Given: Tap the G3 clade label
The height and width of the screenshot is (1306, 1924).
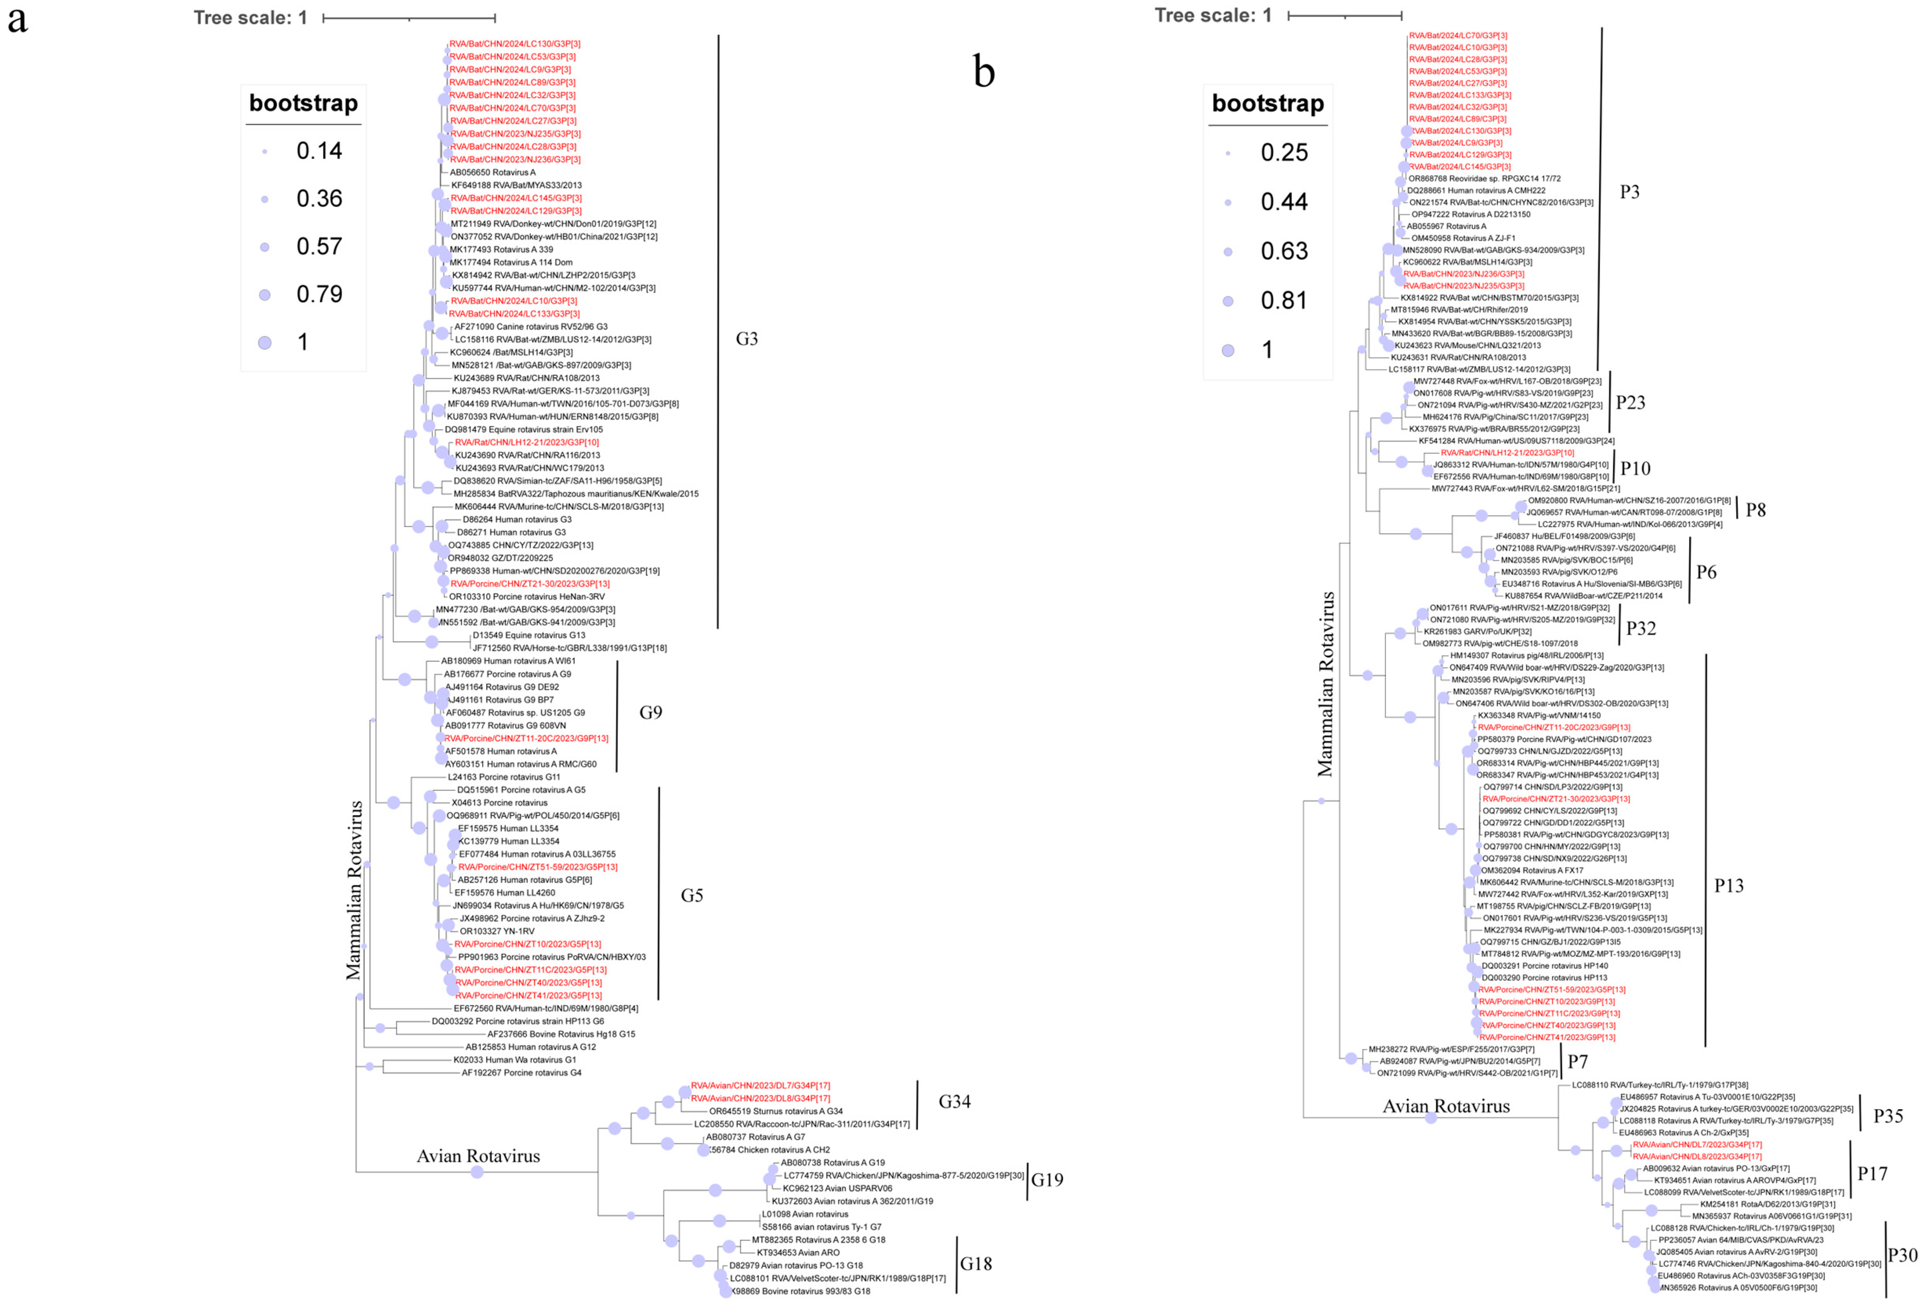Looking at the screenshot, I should tap(747, 339).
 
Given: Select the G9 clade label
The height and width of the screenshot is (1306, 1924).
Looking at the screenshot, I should tap(651, 712).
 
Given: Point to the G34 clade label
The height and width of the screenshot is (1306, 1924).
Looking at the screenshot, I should tap(954, 1101).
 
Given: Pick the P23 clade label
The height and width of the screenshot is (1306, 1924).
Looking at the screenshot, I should tap(1630, 403).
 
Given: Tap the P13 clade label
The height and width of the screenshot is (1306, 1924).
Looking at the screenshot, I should tap(1728, 885).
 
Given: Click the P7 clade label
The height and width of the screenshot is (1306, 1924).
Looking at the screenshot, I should tap(1577, 1062).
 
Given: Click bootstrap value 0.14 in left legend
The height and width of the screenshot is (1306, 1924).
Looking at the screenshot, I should tap(319, 151).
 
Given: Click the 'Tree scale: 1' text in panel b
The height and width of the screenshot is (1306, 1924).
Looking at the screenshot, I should tap(1213, 16).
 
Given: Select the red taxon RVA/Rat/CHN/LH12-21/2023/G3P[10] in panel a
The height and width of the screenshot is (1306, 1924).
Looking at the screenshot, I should tap(527, 442).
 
